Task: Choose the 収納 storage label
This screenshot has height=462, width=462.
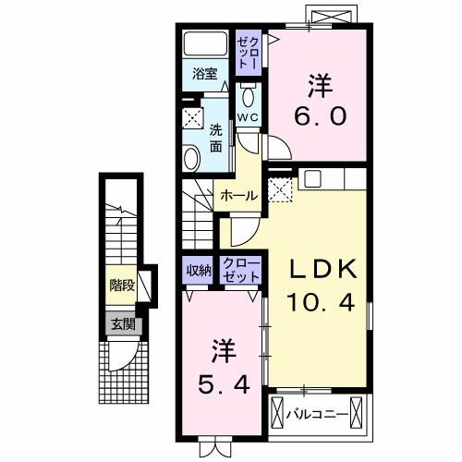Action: pos(197,270)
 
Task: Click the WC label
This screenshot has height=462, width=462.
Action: pos(248,117)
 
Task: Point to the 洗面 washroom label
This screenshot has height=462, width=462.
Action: pos(215,138)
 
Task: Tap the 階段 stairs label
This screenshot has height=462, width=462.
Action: pos(121,286)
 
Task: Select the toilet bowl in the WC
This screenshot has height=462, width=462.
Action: pos(249,97)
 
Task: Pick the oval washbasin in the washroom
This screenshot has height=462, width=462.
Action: pos(191,159)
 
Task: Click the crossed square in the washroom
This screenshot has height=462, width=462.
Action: pos(192,117)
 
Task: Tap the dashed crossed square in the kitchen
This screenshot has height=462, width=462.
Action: pos(279,189)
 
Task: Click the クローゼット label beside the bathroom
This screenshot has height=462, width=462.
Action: pos(249,51)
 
